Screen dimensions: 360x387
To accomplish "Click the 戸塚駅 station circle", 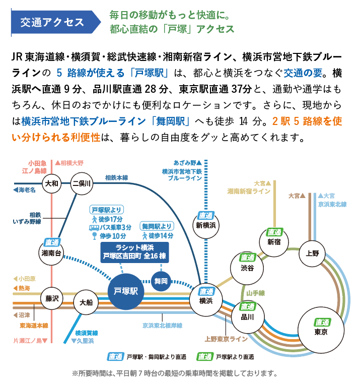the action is (x=126, y=291).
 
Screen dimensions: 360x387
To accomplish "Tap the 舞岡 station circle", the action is (x=161, y=281).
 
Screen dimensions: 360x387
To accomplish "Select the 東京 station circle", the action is (x=321, y=330).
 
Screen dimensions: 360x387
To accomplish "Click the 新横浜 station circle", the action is (x=205, y=225).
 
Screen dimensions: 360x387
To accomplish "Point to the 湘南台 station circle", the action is (x=51, y=253).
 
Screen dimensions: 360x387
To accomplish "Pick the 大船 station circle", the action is (x=86, y=302).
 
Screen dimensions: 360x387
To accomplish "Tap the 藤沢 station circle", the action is (x=52, y=299).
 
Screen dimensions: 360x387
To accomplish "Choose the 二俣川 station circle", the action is (x=82, y=183).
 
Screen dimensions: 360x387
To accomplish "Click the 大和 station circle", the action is (x=51, y=183).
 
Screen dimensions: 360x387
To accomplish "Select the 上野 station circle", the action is (x=312, y=253).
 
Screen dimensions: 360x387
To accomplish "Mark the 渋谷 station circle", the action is (x=247, y=268).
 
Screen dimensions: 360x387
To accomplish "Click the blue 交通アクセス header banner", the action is (x=56, y=22).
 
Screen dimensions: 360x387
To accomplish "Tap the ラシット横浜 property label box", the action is (x=134, y=252).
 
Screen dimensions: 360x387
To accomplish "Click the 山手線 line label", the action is (x=255, y=293).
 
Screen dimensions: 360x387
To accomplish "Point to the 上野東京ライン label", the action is (x=226, y=339).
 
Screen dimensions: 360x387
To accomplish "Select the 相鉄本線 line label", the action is (x=116, y=178).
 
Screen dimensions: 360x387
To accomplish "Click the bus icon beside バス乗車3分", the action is (x=94, y=228).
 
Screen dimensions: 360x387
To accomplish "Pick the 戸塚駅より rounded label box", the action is (x=107, y=210).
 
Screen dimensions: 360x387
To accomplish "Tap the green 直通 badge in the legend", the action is (x=204, y=357).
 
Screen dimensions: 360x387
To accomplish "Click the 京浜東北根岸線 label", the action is (x=162, y=326).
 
